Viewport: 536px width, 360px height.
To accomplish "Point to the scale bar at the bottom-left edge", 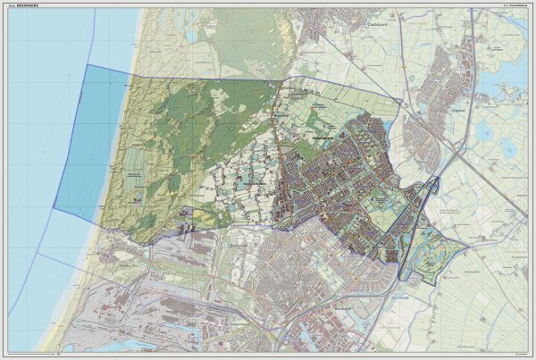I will pyautogui.click(x=63, y=355).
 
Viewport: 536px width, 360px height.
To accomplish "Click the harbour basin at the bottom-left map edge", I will pyautogui.click(x=116, y=344).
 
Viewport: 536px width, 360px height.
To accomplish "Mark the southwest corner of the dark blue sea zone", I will pyautogui.click(x=54, y=208).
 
